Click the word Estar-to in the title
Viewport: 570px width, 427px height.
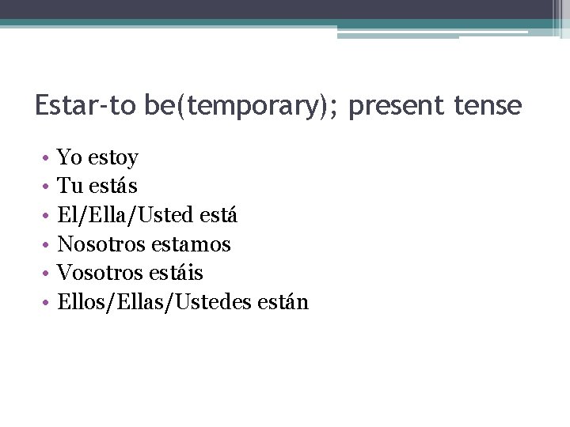(x=86, y=105)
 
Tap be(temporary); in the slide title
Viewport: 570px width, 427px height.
(x=243, y=105)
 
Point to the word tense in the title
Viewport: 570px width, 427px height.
(x=488, y=105)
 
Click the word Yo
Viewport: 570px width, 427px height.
(x=70, y=158)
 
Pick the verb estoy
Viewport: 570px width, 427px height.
(x=113, y=158)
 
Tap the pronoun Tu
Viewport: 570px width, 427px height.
(x=69, y=187)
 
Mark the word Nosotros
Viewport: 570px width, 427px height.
(x=99, y=244)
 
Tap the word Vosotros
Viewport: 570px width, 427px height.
(x=98, y=273)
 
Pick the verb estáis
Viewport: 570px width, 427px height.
(x=174, y=273)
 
